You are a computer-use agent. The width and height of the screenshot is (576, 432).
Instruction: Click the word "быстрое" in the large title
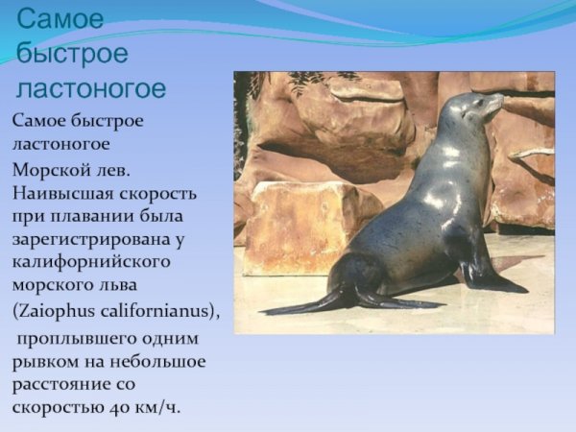[73, 54]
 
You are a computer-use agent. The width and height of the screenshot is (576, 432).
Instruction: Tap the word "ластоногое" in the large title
[91, 89]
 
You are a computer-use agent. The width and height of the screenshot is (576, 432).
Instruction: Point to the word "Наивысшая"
[60, 192]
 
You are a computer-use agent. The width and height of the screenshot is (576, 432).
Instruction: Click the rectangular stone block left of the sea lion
[298, 226]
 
